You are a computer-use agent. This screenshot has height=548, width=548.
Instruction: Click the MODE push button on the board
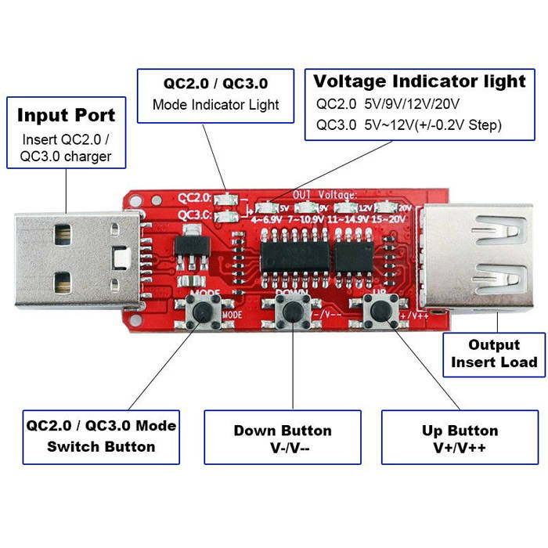205,313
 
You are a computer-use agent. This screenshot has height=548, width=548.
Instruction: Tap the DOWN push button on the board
294,313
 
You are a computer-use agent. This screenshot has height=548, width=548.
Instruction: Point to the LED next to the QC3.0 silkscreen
227,215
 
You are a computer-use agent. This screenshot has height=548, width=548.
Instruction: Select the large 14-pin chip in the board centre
291,257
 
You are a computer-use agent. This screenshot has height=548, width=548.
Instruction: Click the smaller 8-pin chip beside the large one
355,257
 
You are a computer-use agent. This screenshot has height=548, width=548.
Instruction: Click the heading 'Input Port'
66,115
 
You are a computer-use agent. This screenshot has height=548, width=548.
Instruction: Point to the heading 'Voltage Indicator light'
420,81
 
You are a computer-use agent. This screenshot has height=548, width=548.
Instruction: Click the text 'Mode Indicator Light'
215,104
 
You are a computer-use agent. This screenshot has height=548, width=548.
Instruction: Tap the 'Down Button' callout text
282,431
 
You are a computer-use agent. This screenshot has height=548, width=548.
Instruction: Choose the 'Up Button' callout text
460,431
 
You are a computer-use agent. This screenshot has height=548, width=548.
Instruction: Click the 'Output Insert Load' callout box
493,353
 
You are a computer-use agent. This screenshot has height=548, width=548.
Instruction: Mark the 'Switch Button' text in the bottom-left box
101,447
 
